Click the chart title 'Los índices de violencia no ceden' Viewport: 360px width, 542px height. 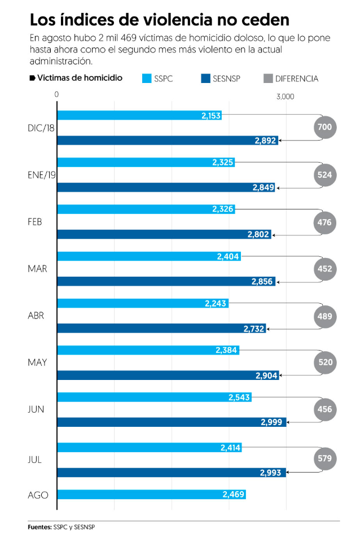pos(160,20)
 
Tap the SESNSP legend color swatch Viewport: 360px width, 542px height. pos(205,78)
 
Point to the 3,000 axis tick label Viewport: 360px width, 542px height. pos(285,97)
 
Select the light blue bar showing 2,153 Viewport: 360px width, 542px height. pos(139,115)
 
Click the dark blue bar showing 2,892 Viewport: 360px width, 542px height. pos(168,141)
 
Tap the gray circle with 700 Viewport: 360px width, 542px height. pos(325,128)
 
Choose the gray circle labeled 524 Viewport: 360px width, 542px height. pos(325,175)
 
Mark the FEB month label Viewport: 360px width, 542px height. pos(35,222)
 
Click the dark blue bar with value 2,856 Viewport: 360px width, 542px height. pos(166,281)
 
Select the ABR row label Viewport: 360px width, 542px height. pos(36,316)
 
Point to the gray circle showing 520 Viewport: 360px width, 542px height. pos(325,362)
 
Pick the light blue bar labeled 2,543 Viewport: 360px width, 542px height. pos(154,397)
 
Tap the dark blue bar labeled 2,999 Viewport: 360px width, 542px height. pos(172,422)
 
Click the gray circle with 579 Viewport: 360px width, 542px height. pos(325,456)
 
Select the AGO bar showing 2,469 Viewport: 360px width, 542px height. pos(152,495)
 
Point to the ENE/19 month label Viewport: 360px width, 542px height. pos(42,175)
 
